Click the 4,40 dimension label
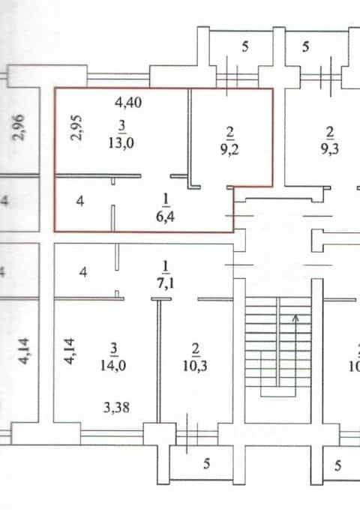(x=128, y=103)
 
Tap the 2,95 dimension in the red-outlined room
(x=77, y=127)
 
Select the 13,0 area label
(x=121, y=142)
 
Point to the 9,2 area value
(x=229, y=149)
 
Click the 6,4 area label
(x=165, y=216)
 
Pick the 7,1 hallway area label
(x=166, y=283)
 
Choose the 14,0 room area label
(x=113, y=365)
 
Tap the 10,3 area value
(x=195, y=366)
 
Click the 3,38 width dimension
(x=116, y=408)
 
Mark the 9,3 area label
(x=329, y=149)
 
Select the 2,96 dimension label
(x=18, y=127)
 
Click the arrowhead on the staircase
(x=296, y=318)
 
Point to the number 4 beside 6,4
(x=80, y=201)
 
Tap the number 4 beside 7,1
(x=83, y=271)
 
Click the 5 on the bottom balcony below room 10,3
(x=206, y=463)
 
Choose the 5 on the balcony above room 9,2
(x=245, y=46)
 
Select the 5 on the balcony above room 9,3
(x=305, y=46)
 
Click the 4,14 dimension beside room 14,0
(x=69, y=352)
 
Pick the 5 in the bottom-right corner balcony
(x=337, y=466)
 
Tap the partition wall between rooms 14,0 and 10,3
(x=159, y=361)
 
